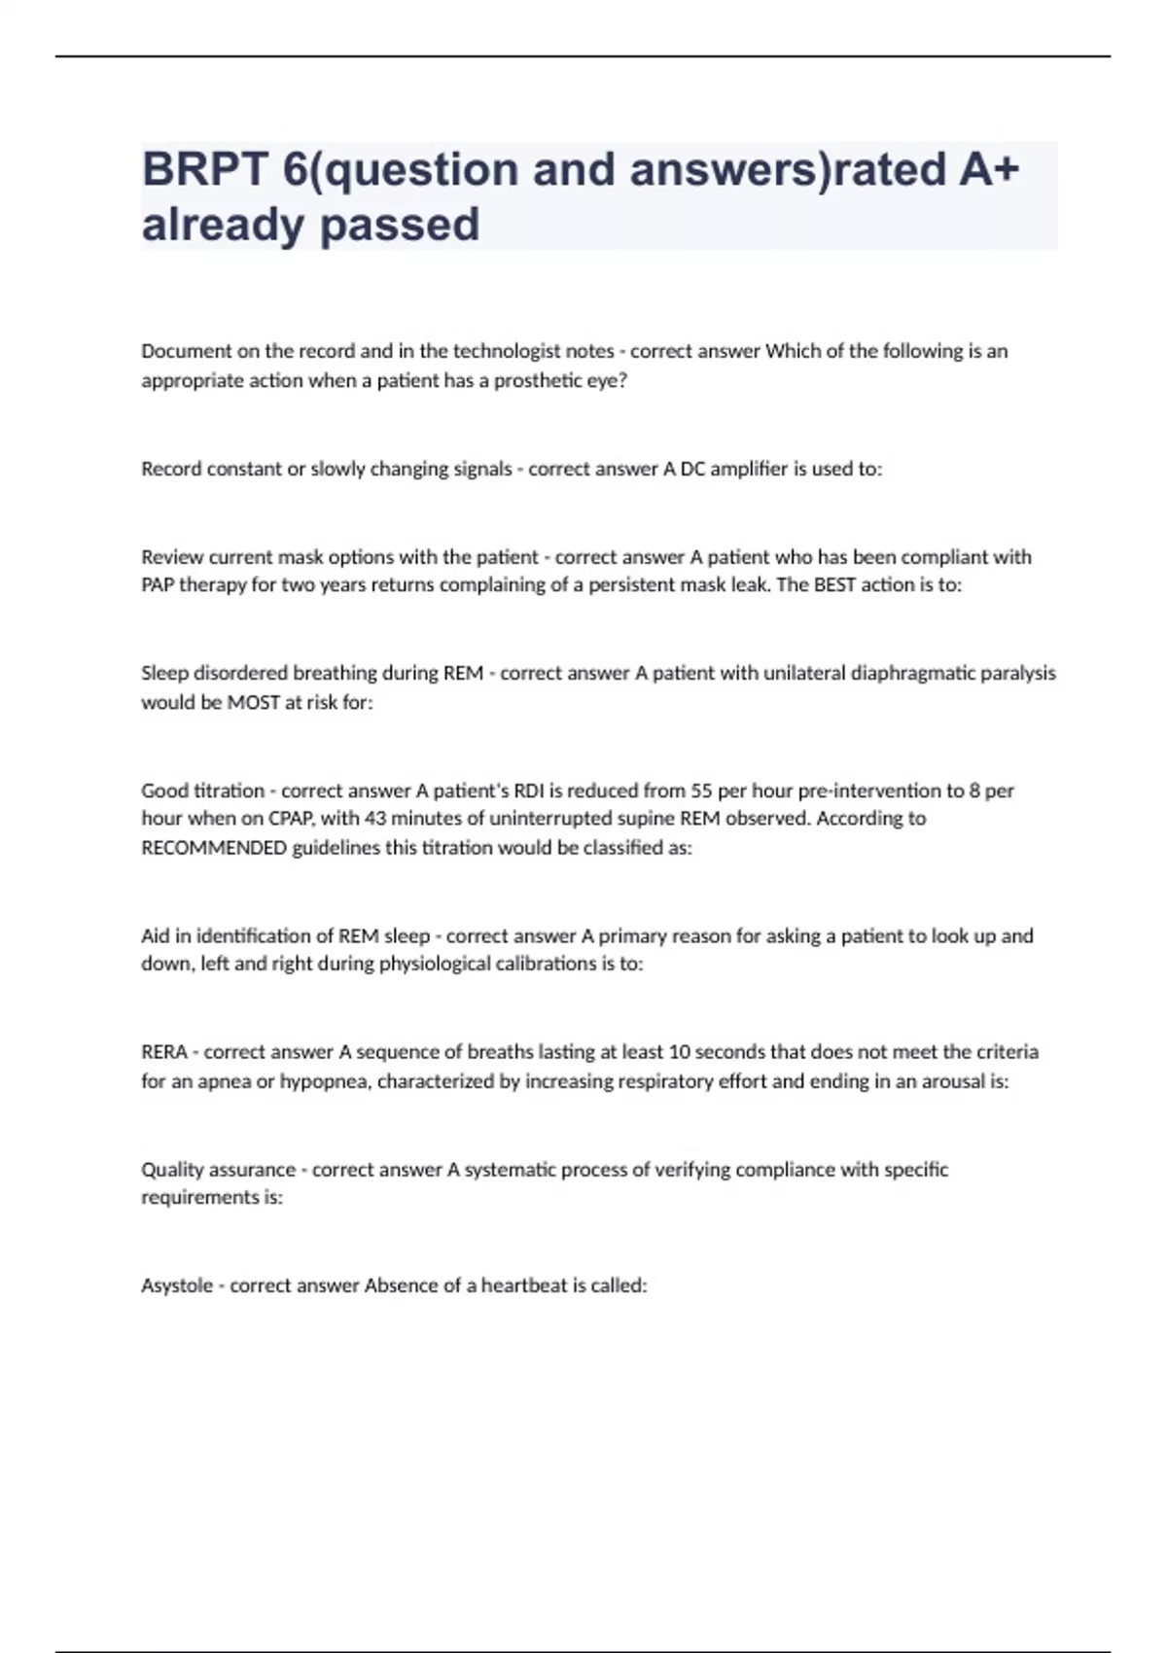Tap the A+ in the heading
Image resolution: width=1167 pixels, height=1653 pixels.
989,169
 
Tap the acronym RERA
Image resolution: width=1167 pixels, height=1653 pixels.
164,1052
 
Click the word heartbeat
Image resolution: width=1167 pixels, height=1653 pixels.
523,1285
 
